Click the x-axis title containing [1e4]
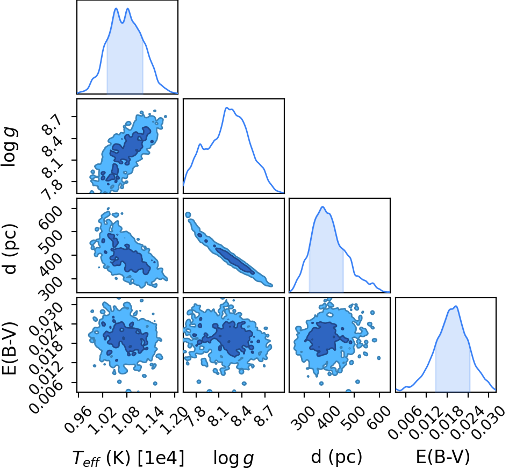click(128, 458)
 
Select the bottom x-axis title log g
click(233, 458)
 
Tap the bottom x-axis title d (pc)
click(336, 457)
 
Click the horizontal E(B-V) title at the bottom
click(443, 457)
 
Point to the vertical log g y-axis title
click(10, 147)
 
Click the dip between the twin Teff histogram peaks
click(122, 23)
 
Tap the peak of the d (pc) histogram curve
click(322, 207)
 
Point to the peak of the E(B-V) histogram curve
click(456, 306)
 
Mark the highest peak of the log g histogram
click(227, 107)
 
